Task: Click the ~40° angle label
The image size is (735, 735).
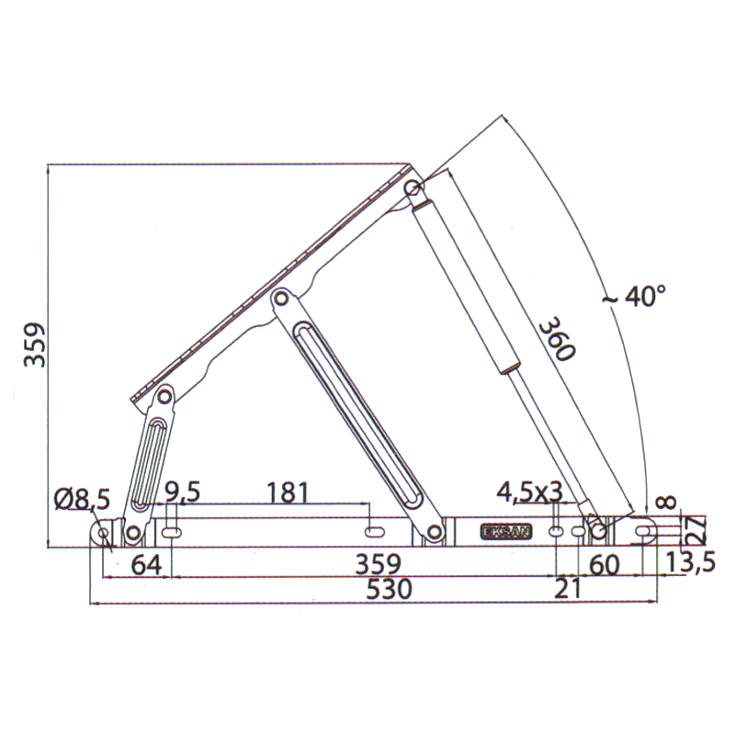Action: point(634,296)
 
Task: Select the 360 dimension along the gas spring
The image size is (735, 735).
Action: point(557,339)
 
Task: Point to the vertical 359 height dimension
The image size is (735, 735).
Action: point(35,345)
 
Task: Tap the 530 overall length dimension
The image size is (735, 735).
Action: point(389,589)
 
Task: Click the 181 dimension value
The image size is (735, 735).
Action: point(288,492)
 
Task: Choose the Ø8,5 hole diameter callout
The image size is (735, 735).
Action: point(82,499)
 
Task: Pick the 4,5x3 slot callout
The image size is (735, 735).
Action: point(529,492)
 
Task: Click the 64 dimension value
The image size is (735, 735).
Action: point(146,565)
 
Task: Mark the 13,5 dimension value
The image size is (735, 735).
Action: point(691,562)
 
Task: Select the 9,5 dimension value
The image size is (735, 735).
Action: point(182,492)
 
